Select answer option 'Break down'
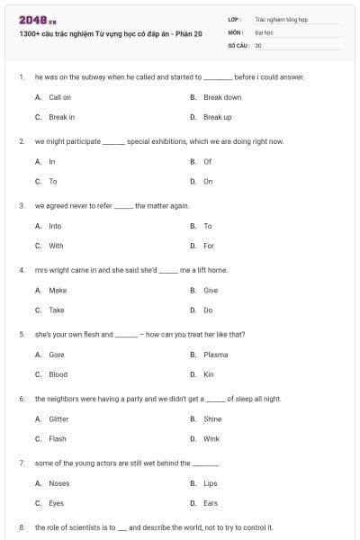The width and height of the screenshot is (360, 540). (222, 97)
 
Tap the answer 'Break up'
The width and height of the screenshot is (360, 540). (218, 117)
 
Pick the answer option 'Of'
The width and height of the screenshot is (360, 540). (208, 162)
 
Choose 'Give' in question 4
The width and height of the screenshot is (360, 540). (211, 291)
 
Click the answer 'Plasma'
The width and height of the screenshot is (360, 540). (216, 355)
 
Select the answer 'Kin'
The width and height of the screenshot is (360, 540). (209, 374)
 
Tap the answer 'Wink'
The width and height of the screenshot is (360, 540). (211, 439)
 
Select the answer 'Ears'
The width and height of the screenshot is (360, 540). (211, 503)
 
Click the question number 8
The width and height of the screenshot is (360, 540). (22, 527)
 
